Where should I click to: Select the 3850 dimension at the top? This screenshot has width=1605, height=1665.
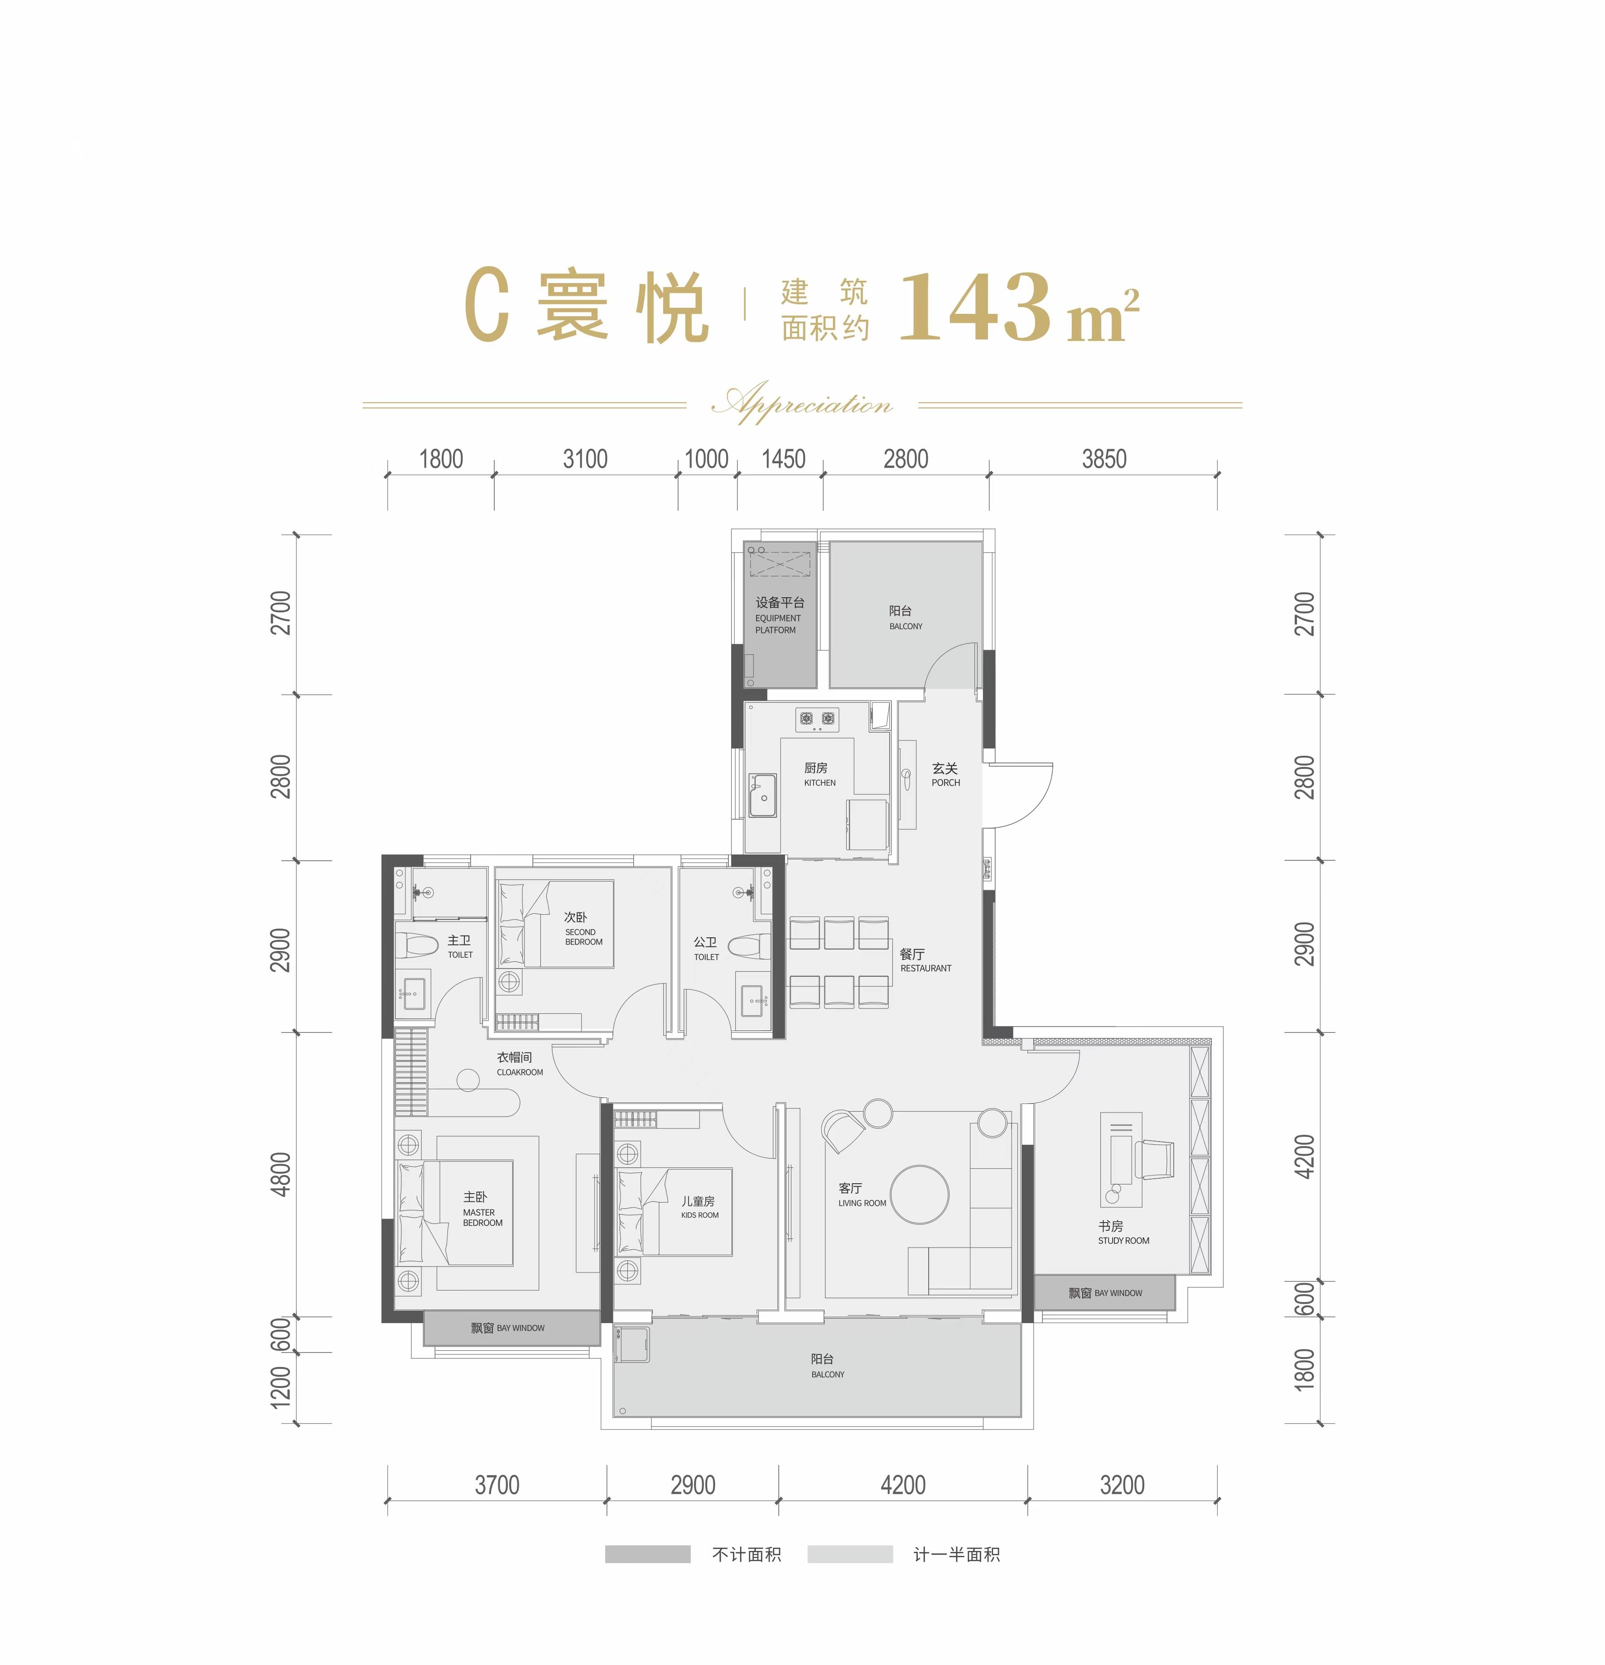[x=1103, y=460]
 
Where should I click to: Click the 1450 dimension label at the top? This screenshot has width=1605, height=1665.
[x=782, y=460]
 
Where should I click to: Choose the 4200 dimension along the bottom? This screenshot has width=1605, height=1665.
[x=902, y=1485]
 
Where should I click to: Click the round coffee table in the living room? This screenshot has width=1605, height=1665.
[x=919, y=1194]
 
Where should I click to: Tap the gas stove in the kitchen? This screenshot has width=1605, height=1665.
[x=816, y=720]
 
